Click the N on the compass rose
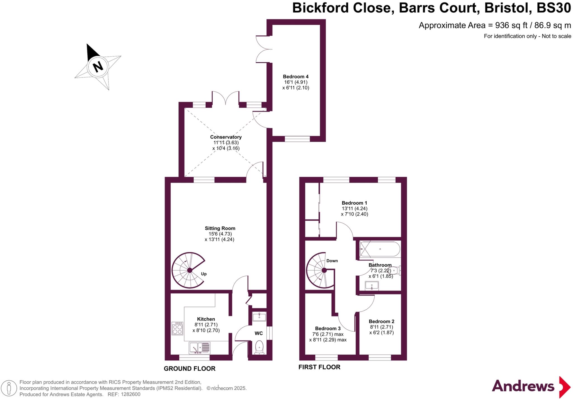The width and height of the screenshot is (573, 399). pyautogui.click(x=98, y=67)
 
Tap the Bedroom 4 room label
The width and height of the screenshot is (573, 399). pyautogui.click(x=295, y=77)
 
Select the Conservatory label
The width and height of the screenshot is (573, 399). pyautogui.click(x=226, y=137)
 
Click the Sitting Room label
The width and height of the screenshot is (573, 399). pyautogui.click(x=220, y=228)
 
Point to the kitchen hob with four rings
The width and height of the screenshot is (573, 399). pyautogui.click(x=177, y=328)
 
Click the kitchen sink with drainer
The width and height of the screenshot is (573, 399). pyautogui.click(x=199, y=348)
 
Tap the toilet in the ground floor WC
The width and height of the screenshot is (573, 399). pyautogui.click(x=259, y=348)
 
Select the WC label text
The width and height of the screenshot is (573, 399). pyautogui.click(x=259, y=333)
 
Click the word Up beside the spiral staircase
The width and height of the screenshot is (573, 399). pyautogui.click(x=204, y=274)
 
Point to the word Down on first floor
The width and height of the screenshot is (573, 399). pyautogui.click(x=332, y=261)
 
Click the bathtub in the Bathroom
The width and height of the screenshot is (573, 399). pyautogui.click(x=380, y=249)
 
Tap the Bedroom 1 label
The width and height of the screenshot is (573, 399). pyautogui.click(x=354, y=203)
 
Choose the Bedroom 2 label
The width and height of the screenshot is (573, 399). pyautogui.click(x=381, y=322)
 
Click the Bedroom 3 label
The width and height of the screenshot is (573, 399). pyautogui.click(x=328, y=329)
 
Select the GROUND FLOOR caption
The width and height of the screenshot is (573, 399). pyautogui.click(x=189, y=369)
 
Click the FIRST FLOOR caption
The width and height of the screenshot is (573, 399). pyautogui.click(x=319, y=367)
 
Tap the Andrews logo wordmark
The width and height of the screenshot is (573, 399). pyautogui.click(x=523, y=386)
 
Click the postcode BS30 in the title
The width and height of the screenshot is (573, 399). pyautogui.click(x=554, y=8)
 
